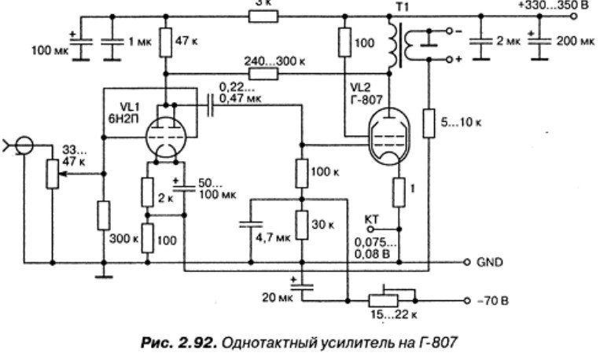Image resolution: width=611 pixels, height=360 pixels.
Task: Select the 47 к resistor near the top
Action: [x=165, y=42]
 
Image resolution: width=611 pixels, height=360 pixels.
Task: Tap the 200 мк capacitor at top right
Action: [x=539, y=46]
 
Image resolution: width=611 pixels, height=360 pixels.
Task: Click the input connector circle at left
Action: [x=24, y=145]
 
